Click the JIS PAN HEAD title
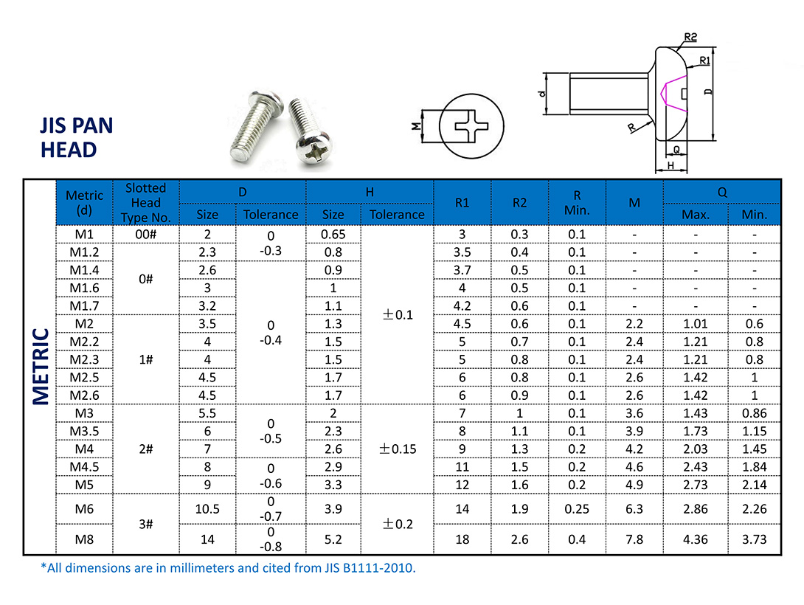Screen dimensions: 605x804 tap(77, 137)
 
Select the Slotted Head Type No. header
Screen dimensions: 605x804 tap(146, 203)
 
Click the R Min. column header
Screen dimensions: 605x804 tap(577, 203)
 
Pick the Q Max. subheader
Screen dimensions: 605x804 tap(696, 215)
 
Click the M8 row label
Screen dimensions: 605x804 tap(85, 539)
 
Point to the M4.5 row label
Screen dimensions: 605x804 tap(85, 467)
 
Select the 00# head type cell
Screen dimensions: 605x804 tap(146, 235)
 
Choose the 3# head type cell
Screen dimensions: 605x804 tap(146, 524)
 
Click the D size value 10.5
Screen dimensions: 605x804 tap(207, 509)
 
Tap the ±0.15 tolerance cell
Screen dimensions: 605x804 tap(397, 449)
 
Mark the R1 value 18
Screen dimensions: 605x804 tap(462, 539)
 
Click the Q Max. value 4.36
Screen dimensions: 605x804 tap(696, 539)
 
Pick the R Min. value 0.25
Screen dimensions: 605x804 tap(577, 509)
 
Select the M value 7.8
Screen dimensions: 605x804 tap(634, 539)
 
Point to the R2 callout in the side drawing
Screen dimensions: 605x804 tap(690, 37)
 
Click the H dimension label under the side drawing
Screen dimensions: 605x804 tap(670, 165)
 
